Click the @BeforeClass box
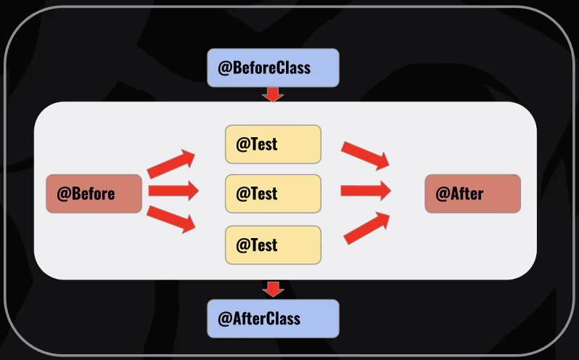[273, 68]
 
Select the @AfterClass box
[273, 319]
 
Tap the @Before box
[94, 194]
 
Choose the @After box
[472, 194]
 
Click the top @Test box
[273, 144]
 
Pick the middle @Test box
[273, 194]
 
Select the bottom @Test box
[273, 245]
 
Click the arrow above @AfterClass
[273, 289]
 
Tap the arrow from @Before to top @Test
[171, 164]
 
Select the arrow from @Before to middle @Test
[173, 191]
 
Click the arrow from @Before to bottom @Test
[171, 219]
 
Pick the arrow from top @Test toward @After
[366, 155]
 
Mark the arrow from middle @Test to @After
[366, 191]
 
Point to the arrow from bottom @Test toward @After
[367, 227]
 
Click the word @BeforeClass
[264, 68]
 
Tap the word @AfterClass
[259, 319]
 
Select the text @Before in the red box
[86, 194]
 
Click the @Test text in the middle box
[257, 194]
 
